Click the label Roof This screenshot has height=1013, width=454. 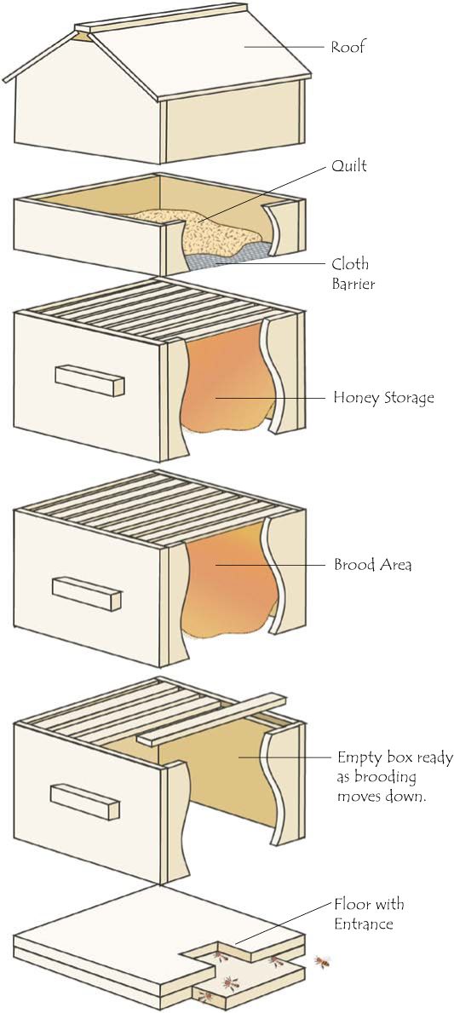(x=348, y=47)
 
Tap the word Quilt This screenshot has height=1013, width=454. (x=349, y=166)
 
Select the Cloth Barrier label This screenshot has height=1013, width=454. (x=351, y=273)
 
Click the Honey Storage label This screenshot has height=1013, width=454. (x=383, y=397)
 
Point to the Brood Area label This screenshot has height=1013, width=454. (x=372, y=565)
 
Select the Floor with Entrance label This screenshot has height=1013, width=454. (x=370, y=913)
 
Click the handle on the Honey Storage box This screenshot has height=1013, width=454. (x=89, y=381)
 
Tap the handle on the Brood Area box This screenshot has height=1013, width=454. (x=87, y=594)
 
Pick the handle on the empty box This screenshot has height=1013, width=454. (x=84, y=802)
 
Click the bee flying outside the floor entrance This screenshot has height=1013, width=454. (x=322, y=963)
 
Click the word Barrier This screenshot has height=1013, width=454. (x=353, y=284)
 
